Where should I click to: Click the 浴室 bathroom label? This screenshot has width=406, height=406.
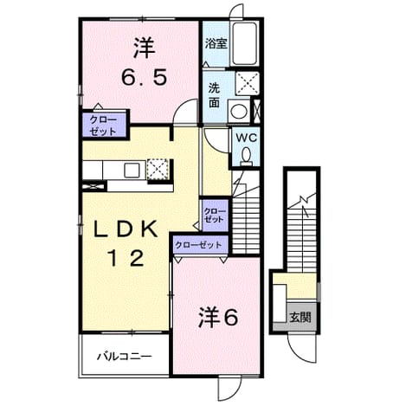pyautogui.click(x=216, y=44)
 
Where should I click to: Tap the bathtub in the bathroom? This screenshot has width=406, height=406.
pyautogui.click(x=245, y=44)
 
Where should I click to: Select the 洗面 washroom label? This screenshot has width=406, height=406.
pyautogui.click(x=214, y=95)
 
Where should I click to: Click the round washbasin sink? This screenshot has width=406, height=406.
pyautogui.click(x=239, y=111)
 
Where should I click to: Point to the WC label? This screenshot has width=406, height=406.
pyautogui.click(x=246, y=139)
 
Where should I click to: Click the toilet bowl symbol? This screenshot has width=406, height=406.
pyautogui.click(x=246, y=156)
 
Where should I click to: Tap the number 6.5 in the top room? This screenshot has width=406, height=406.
pyautogui.click(x=144, y=77)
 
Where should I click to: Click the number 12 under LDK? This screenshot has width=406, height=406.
pyautogui.click(x=126, y=258)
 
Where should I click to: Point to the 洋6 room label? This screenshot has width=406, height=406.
pyautogui.click(x=218, y=318)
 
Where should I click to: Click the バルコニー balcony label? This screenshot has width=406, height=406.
pyautogui.click(x=124, y=357)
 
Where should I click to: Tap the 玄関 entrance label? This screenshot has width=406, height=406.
pyautogui.click(x=300, y=318)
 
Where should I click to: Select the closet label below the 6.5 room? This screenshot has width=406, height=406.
pyautogui.click(x=103, y=126)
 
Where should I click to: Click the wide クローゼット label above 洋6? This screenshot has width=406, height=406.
pyautogui.click(x=199, y=245)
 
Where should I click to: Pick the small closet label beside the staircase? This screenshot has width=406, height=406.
pyautogui.click(x=214, y=215)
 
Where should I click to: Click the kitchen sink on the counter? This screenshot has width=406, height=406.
pyautogui.click(x=132, y=170)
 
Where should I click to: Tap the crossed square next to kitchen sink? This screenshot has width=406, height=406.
pyautogui.click(x=158, y=170)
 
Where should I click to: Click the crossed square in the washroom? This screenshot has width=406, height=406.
pyautogui.click(x=248, y=83)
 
